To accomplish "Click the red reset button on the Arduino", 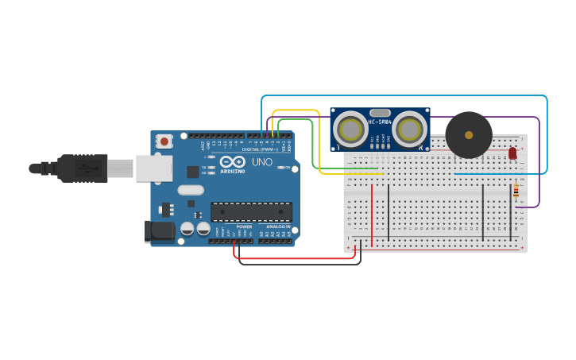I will (164, 141).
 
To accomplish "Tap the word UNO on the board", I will (262, 162).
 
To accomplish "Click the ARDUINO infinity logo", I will (233, 162).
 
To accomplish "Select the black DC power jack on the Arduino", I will (159, 230).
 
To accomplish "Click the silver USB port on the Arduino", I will (154, 168).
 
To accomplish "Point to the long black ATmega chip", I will (251, 211).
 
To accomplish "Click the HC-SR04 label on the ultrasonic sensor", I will (380, 122).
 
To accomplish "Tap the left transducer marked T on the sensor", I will (350, 129).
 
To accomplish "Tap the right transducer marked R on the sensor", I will (410, 129).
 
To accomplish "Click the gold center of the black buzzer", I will (469, 135).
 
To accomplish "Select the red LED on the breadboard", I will (512, 153).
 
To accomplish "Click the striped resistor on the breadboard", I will (516, 191).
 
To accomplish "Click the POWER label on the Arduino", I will (244, 226).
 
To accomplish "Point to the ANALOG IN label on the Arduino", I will (277, 226).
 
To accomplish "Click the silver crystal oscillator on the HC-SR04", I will (381, 113).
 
